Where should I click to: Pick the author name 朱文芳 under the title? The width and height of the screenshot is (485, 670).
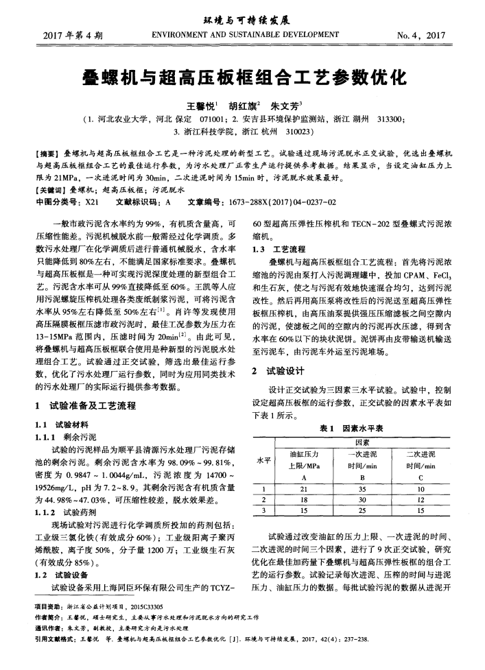[283, 106]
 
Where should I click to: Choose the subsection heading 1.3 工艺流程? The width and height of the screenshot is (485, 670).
[274, 248]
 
